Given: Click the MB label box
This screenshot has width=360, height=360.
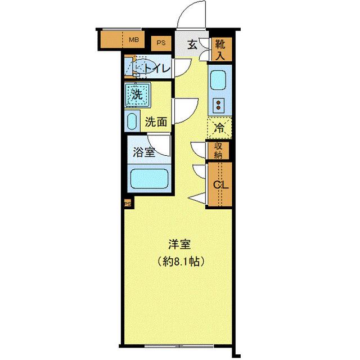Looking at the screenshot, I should point(133,40).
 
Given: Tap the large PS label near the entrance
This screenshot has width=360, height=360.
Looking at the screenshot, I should point(161,42).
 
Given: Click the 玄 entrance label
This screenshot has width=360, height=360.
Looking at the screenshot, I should point(192,45).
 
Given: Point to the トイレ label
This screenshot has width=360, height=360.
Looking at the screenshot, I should point(156,69).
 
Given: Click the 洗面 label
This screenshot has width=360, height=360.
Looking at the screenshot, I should point(156,121).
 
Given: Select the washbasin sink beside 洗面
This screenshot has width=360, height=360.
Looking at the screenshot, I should point(132,121).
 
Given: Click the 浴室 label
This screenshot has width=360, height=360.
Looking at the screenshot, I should point(144,152).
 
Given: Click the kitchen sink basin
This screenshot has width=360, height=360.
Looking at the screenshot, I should point(218,82).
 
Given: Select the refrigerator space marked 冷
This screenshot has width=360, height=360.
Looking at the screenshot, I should point(220,128).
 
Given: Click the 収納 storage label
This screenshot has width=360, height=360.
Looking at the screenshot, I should point(218,150).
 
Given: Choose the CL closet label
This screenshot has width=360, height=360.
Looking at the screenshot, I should point(219,184).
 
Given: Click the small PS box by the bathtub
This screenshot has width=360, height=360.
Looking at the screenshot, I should point(128,204).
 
